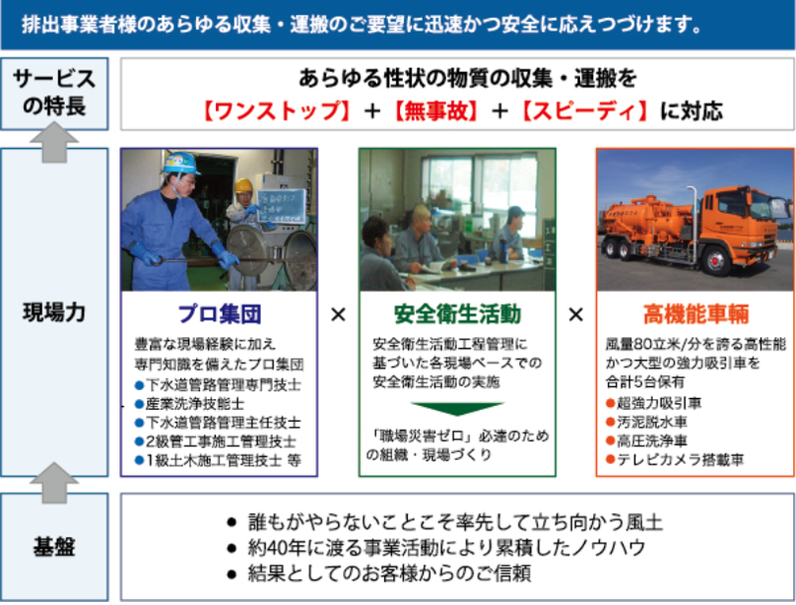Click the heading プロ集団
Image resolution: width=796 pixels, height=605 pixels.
click(x=219, y=314)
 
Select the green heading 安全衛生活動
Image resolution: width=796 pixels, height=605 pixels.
click(x=458, y=314)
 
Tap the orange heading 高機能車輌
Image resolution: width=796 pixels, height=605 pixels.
click(x=696, y=314)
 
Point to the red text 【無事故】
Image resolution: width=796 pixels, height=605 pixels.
click(x=436, y=111)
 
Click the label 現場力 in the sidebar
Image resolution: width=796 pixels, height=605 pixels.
click(x=55, y=312)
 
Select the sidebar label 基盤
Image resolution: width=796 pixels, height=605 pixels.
click(x=55, y=547)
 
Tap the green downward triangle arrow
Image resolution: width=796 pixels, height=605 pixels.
click(x=458, y=409)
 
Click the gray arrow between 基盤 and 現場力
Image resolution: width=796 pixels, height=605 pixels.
click(x=55, y=483)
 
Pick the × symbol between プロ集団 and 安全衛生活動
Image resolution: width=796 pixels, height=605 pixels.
click(x=338, y=314)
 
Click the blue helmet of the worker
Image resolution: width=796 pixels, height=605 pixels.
click(x=180, y=163)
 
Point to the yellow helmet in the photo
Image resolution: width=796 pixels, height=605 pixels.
click(x=244, y=185)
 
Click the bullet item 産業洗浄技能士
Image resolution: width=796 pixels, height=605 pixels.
click(x=189, y=404)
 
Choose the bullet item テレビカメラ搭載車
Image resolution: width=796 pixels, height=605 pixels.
click(x=676, y=460)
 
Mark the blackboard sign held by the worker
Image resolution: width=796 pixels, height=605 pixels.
click(x=281, y=207)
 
